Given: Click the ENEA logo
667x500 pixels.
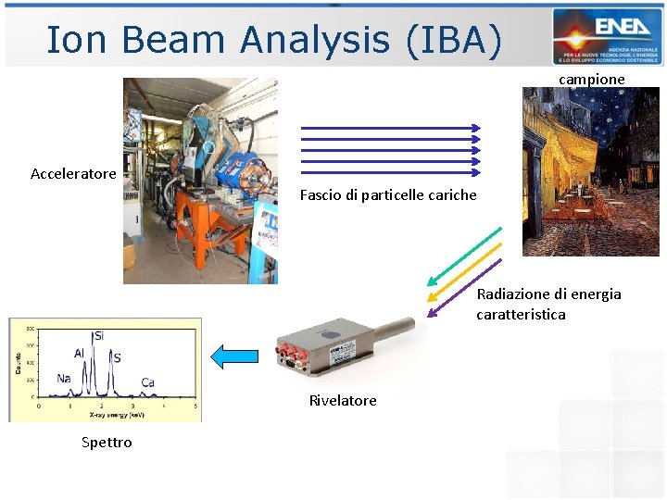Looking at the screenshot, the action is [607, 36].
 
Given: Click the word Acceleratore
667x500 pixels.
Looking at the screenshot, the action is [73, 174].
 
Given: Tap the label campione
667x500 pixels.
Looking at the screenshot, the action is [591, 80].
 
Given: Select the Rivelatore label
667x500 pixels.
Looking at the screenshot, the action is [343, 401].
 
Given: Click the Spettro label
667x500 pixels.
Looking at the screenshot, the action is [107, 443].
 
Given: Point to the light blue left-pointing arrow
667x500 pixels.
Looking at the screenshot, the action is [234, 356].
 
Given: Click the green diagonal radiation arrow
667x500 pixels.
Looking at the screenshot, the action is [463, 255].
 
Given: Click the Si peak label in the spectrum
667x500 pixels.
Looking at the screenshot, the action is [98, 335].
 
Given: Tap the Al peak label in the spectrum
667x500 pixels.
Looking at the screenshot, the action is [81, 353].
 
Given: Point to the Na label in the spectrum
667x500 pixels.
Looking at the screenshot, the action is [63, 378].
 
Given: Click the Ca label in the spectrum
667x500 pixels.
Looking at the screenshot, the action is [148, 382].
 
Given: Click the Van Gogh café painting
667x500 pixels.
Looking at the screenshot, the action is [590, 171].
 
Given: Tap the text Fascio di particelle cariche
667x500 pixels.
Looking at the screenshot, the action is [388, 195].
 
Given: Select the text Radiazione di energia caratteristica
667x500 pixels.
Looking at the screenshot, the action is [548, 304].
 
